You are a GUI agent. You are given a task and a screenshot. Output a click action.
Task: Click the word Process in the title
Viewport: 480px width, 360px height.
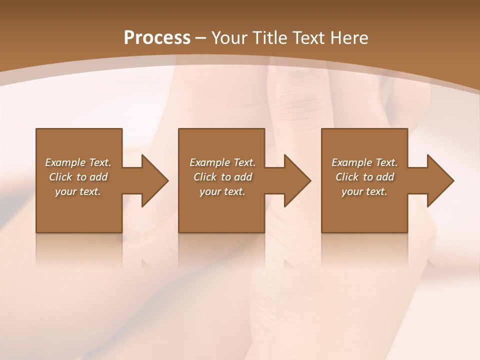(x=157, y=38)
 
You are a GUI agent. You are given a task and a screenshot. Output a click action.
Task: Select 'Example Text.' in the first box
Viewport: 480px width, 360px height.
(x=78, y=162)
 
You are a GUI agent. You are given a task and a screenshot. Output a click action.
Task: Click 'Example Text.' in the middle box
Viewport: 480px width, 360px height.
(x=222, y=162)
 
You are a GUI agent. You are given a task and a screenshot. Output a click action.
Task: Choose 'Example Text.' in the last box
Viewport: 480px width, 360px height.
(x=364, y=162)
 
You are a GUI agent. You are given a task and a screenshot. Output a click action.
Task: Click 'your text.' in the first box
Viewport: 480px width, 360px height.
(x=78, y=191)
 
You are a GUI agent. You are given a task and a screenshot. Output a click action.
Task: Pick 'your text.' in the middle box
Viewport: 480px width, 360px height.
(x=222, y=191)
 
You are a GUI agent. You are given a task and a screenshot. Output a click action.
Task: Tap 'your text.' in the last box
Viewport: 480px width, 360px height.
(x=364, y=191)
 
